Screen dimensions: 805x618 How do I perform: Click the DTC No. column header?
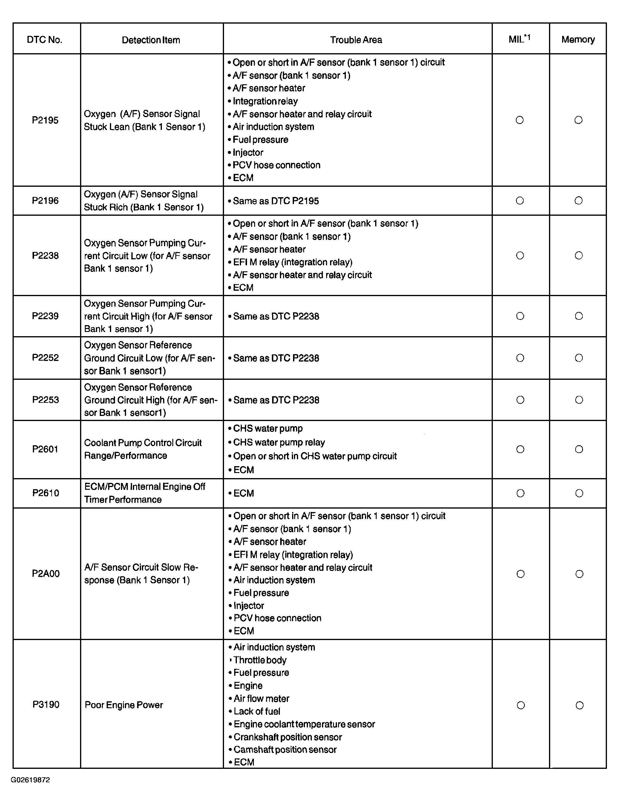pyautogui.click(x=45, y=40)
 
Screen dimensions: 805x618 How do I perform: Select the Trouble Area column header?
pyautogui.click(x=356, y=40)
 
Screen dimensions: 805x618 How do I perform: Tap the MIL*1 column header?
pyautogui.click(x=519, y=39)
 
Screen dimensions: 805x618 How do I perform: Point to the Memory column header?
pyautogui.click(x=578, y=39)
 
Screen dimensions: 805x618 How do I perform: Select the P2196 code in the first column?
pyautogui.click(x=45, y=201)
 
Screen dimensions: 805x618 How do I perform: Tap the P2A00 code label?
pyautogui.click(x=46, y=574)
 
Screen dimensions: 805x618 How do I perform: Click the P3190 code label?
pyautogui.click(x=46, y=705)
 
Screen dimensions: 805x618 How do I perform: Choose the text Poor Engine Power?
pyautogui.click(x=124, y=705)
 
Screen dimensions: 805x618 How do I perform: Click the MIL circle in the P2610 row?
pyautogui.click(x=520, y=493)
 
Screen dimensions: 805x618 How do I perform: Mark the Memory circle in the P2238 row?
pyautogui.click(x=579, y=255)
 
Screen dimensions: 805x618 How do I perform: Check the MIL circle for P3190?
pyautogui.click(x=521, y=705)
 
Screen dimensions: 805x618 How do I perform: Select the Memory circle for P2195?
pyautogui.click(x=578, y=120)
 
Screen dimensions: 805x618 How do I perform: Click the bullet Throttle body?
pyautogui.click(x=260, y=660)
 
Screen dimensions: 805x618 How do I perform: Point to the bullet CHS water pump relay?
pyautogui.click(x=279, y=442)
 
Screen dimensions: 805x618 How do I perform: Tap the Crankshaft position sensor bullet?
pyautogui.click(x=288, y=737)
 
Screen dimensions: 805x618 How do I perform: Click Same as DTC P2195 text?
pyautogui.click(x=275, y=201)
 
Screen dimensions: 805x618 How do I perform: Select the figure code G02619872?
pyautogui.click(x=30, y=780)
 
